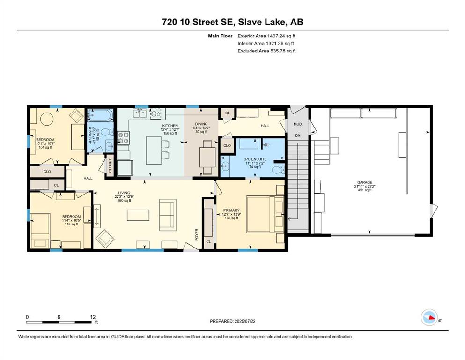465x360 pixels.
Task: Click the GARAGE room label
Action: coord(364,182)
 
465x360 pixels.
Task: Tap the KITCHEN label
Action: coord(170,126)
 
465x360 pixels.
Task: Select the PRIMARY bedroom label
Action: coord(231,210)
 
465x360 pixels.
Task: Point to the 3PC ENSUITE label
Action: coord(255,159)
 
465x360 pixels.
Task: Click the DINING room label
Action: coord(201,124)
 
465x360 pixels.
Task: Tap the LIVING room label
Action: coord(124,193)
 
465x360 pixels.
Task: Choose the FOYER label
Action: coord(196,234)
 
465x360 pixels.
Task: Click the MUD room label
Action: coord(297,124)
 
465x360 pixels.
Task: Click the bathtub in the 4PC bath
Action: coord(101,115)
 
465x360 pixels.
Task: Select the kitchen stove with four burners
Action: coord(123,137)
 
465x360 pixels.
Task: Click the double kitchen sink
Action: coord(140,113)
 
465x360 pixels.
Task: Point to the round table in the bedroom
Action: coord(47,120)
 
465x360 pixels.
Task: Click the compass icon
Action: coord(429,317)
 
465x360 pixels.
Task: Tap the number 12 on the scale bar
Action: coord(93,317)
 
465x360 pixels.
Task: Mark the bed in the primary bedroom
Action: coord(266,214)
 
